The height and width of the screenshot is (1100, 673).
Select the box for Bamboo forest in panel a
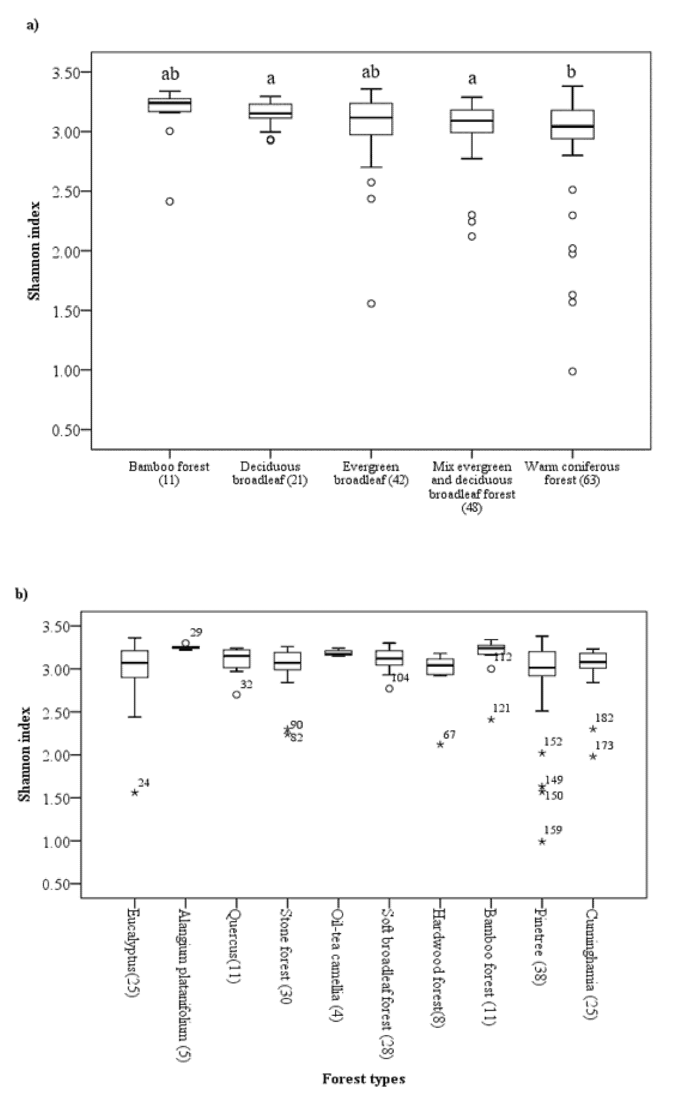coord(169,105)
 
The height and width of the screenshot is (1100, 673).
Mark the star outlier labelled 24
coord(135,792)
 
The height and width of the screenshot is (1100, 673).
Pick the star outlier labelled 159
coord(542,841)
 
